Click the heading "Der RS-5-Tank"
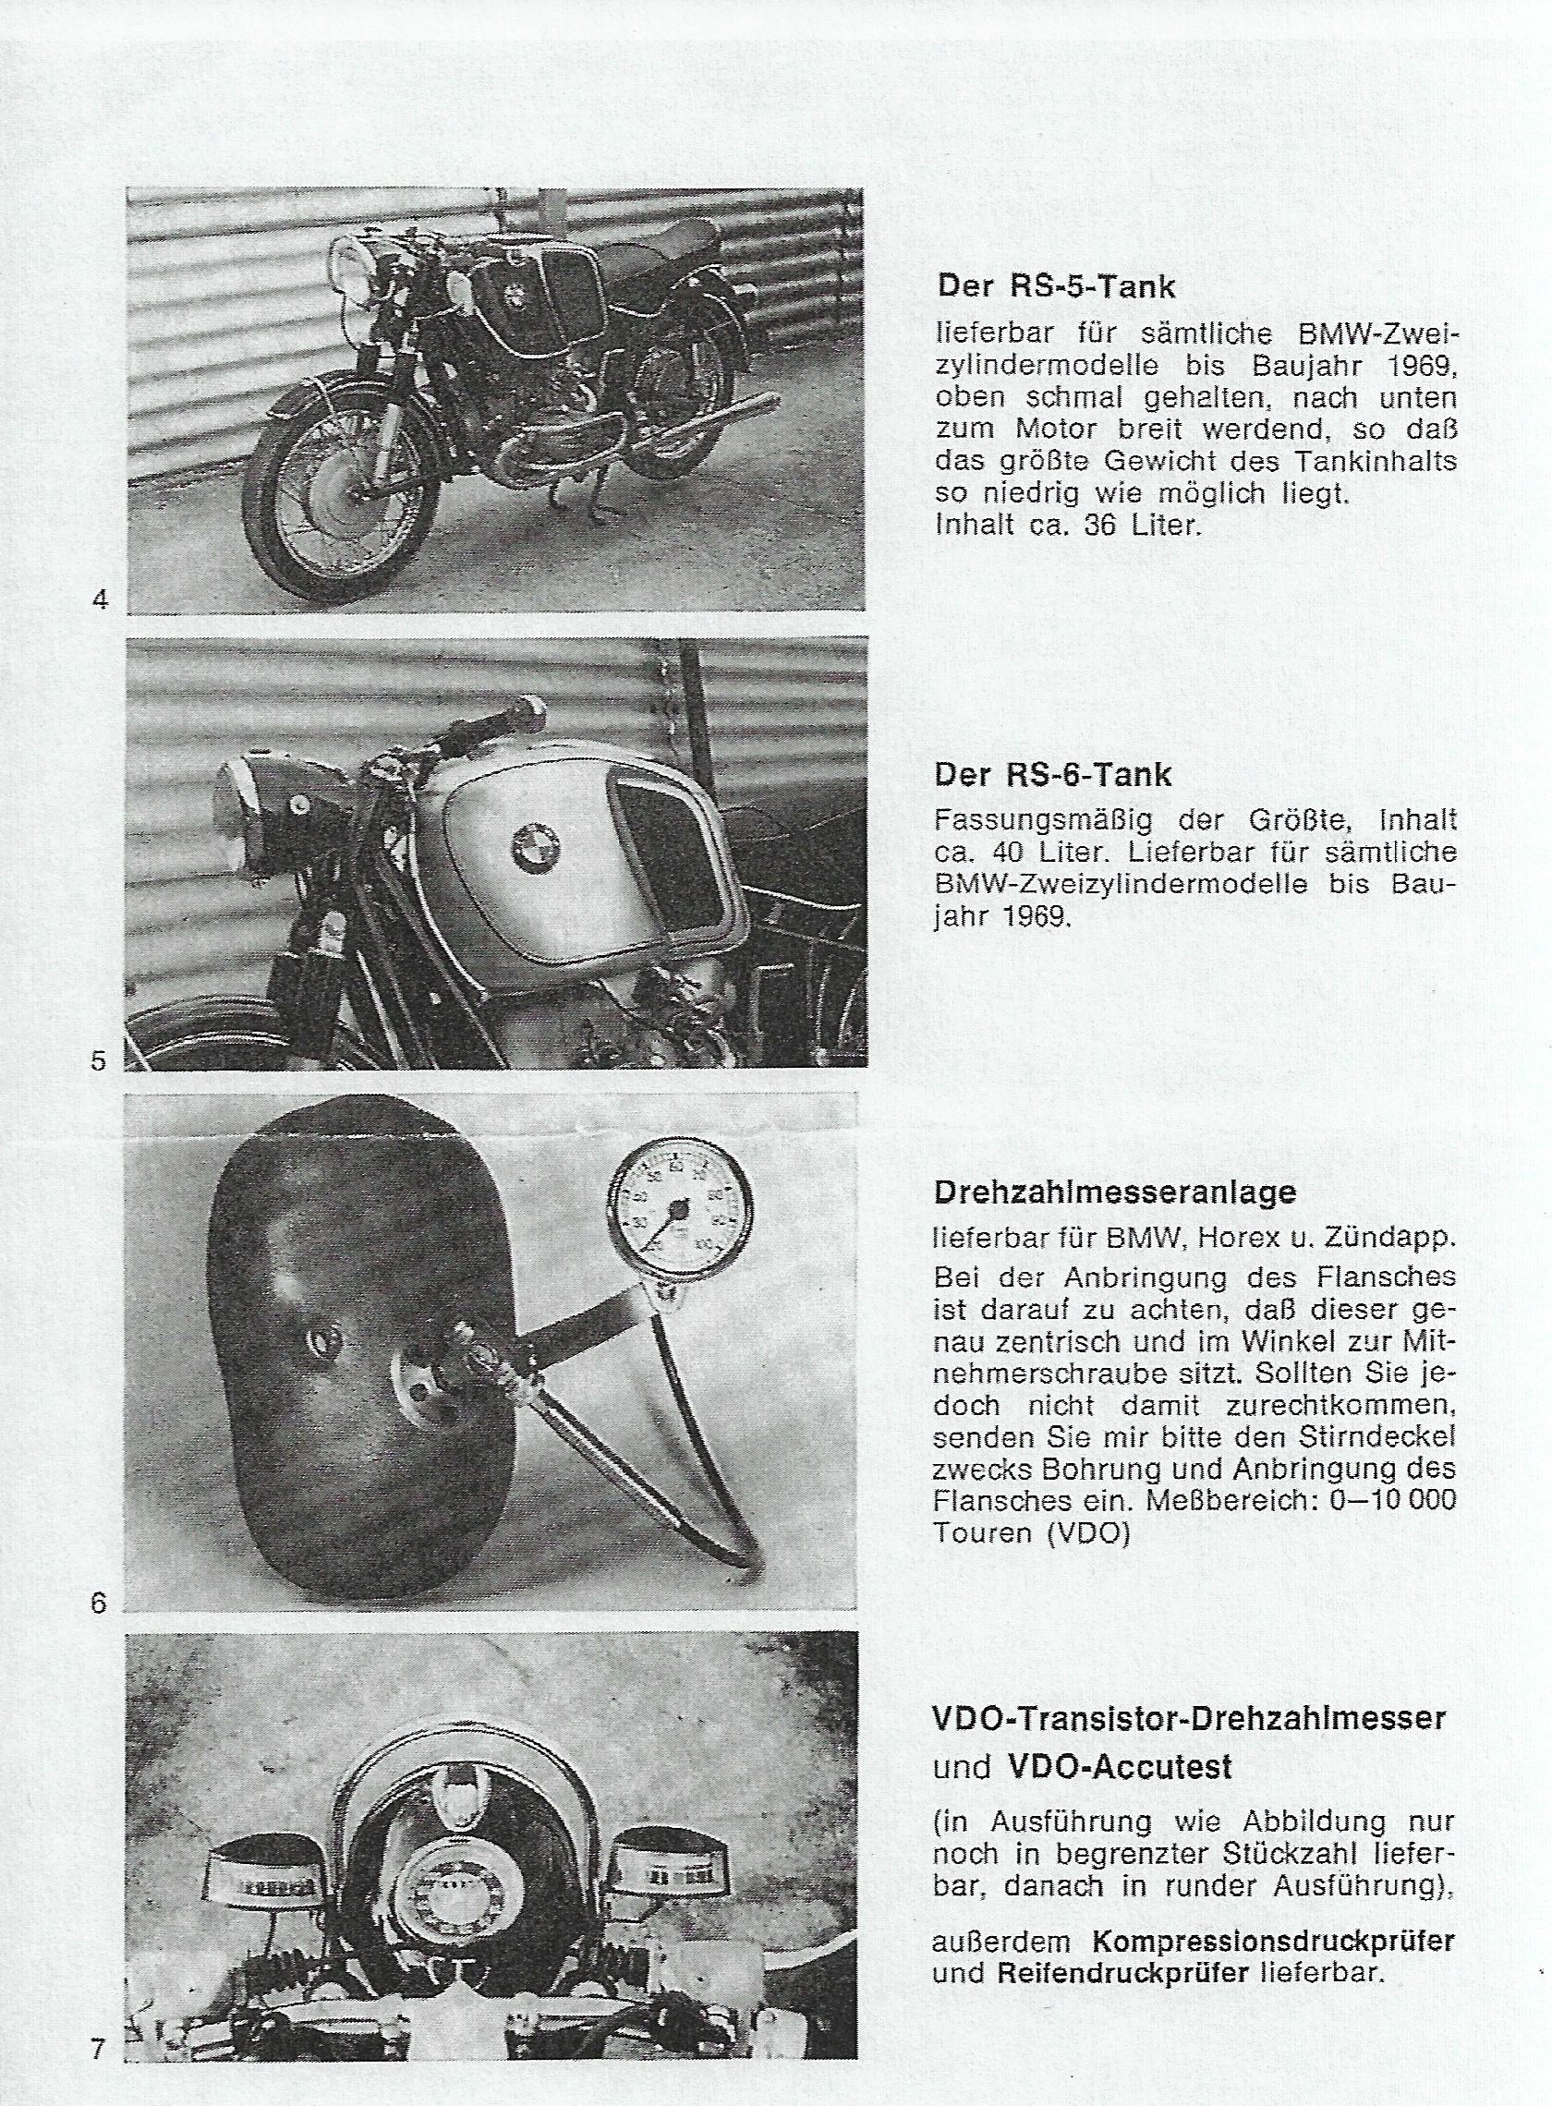click(x=1056, y=286)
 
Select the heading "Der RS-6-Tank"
click(x=1053, y=775)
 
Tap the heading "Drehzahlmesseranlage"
click(x=1115, y=1192)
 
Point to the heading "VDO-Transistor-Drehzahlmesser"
click(x=1188, y=1718)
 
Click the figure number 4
click(x=101, y=599)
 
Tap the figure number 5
click(x=99, y=1060)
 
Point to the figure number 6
click(x=99, y=1602)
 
